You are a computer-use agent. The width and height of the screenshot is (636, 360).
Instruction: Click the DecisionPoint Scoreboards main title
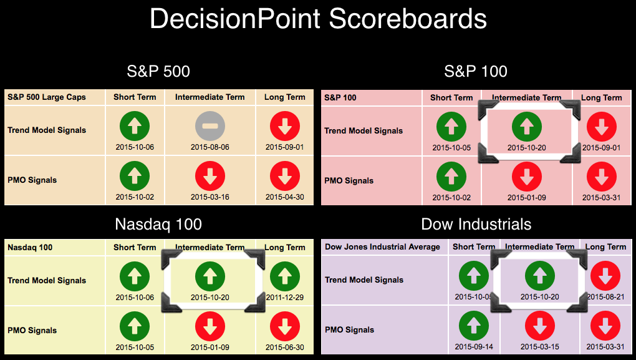[318, 19]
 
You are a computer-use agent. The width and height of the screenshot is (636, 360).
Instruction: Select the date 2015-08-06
[210, 147]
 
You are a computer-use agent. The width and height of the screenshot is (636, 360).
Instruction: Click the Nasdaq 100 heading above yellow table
[158, 225]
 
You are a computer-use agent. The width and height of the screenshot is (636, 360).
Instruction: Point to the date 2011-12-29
[284, 298]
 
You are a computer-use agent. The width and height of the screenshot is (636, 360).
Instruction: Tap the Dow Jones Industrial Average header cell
[382, 246]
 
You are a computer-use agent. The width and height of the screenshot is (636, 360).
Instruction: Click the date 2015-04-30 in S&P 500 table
[284, 197]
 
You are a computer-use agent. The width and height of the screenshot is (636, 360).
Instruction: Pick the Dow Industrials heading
[476, 225]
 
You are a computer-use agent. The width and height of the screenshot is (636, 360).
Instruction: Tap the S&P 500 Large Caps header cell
[47, 97]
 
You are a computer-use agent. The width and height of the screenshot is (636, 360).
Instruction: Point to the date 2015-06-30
[284, 348]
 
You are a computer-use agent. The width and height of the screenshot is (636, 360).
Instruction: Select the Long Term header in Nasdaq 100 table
[284, 248]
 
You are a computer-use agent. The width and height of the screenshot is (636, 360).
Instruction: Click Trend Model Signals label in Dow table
[364, 280]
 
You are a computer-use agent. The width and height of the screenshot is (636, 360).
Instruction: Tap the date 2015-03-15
[540, 347]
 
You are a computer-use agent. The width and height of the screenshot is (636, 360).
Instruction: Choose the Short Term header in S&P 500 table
[134, 97]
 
